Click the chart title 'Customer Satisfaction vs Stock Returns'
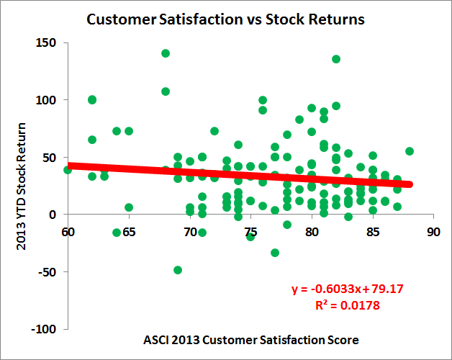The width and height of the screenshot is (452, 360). [x=225, y=19]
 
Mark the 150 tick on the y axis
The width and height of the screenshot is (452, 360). [x=49, y=42]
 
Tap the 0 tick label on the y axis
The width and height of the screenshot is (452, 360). [x=56, y=215]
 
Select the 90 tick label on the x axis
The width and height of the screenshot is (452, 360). [x=433, y=232]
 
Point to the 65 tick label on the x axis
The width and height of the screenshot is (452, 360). [x=129, y=232]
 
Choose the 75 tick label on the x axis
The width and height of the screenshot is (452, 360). [x=250, y=232]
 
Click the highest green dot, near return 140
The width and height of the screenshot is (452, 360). [x=166, y=53]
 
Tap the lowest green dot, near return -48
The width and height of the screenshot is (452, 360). [x=178, y=270]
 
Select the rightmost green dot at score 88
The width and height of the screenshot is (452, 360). [x=410, y=151]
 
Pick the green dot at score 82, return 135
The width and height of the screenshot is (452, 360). [x=336, y=59]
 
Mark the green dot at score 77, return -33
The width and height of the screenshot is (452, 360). [x=275, y=253]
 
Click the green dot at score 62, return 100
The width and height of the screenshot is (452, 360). [x=92, y=99]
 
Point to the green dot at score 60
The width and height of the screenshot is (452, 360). [x=68, y=170]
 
